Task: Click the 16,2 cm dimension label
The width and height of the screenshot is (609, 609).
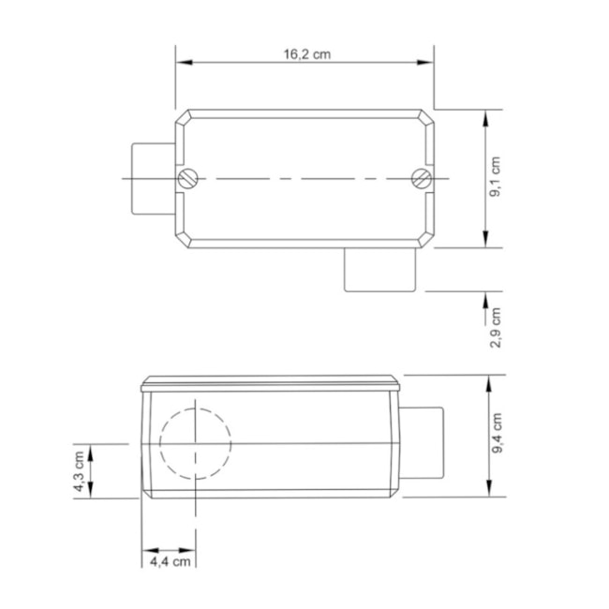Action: (x=307, y=54)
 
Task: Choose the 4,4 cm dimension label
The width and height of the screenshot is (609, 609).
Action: (x=171, y=561)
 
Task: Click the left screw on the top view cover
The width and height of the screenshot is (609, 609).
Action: (x=188, y=178)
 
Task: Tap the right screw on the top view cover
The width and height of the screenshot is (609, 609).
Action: (x=422, y=178)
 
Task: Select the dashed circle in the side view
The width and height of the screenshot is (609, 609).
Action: (x=195, y=442)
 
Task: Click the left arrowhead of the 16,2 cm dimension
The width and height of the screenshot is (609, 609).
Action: (x=184, y=63)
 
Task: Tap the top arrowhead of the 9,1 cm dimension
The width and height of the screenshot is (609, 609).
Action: (x=485, y=117)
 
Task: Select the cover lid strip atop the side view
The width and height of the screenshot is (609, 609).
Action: (x=271, y=383)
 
